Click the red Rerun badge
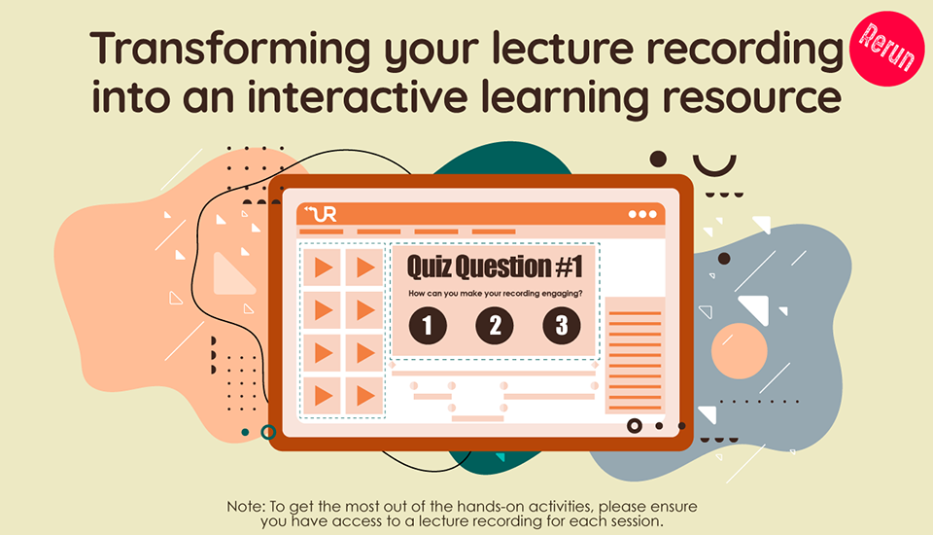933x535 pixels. point(886,49)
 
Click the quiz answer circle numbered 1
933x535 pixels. point(428,325)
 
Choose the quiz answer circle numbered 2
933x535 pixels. point(495,325)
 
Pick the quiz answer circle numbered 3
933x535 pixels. point(562,325)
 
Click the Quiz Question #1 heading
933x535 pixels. point(495,267)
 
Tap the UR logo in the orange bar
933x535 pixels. point(322,214)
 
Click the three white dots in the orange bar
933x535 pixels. point(642,214)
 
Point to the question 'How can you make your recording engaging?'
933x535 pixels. point(495,293)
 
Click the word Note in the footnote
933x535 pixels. point(246,507)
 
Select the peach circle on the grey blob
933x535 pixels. point(739,351)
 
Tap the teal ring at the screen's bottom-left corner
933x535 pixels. point(268,432)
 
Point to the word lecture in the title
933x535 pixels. point(563,48)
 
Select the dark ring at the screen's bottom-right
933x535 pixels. point(635,425)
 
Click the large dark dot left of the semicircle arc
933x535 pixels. point(658,159)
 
